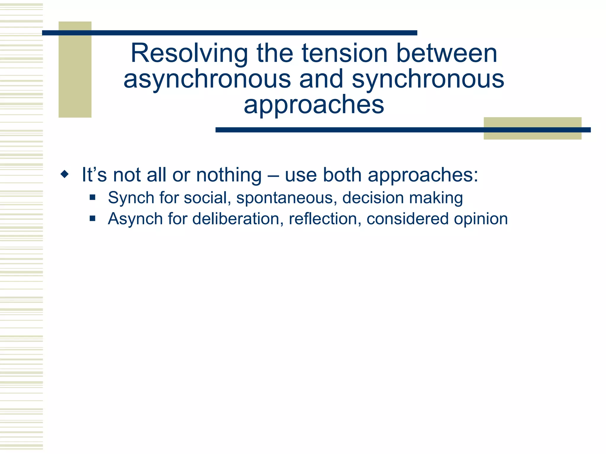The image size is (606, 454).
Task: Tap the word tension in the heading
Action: [344, 53]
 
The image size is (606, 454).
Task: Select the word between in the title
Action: [447, 53]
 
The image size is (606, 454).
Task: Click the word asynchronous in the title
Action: [207, 79]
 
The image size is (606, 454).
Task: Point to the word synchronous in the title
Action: [428, 79]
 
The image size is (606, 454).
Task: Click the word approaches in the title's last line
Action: [314, 105]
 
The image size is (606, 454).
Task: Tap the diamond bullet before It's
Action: [64, 174]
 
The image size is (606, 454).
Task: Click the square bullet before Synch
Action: [93, 197]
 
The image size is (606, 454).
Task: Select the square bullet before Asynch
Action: [93, 218]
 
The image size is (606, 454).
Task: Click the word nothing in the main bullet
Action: [229, 175]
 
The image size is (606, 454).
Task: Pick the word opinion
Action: [481, 219]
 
